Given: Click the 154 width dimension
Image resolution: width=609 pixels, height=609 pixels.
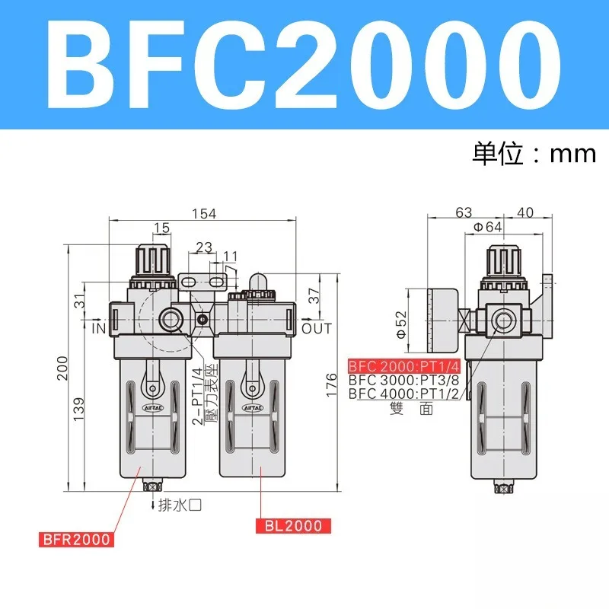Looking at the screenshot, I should tap(204, 214).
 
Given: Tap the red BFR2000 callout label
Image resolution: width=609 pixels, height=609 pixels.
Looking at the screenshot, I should tap(75, 540).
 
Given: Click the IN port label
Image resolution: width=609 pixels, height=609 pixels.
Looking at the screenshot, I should tap(97, 328).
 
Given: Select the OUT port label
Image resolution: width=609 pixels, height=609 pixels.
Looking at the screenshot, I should tap(317, 328).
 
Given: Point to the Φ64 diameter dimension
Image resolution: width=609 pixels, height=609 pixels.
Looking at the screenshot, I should tap(487, 226).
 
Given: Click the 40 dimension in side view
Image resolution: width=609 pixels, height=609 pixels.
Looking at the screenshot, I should tap(525, 212).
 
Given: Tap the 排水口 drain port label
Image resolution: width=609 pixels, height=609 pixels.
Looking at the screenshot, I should tap(178, 504).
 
